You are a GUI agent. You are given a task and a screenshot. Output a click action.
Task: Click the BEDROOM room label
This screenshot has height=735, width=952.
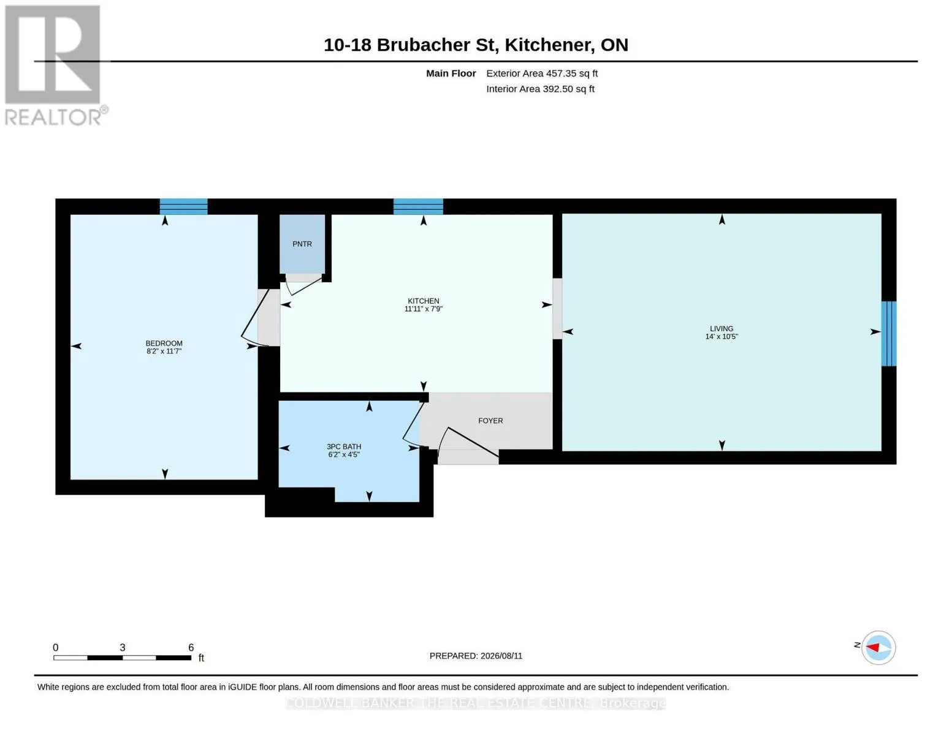point(164,343)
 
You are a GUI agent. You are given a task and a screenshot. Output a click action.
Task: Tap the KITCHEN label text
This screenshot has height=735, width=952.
point(423,301)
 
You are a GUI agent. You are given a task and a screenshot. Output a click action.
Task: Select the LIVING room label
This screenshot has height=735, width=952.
point(721,328)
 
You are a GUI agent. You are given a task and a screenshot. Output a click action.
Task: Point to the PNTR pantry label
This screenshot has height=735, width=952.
point(302,244)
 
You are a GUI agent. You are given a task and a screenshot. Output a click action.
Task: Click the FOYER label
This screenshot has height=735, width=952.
point(490,421)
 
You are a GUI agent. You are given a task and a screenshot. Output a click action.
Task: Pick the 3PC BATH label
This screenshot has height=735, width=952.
point(343,447)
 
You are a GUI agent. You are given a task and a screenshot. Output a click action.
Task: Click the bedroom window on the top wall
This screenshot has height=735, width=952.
point(183,206)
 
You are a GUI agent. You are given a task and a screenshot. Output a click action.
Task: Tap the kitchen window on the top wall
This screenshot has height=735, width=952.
point(418,206)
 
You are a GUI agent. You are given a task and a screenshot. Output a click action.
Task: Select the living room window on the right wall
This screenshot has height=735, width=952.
point(888,334)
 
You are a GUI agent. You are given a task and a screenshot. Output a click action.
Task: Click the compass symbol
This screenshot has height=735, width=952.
point(878,648)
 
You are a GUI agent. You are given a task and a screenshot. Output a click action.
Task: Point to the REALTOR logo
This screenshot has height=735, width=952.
point(55,66)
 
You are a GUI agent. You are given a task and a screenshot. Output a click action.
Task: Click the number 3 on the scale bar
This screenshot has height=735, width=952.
point(122,647)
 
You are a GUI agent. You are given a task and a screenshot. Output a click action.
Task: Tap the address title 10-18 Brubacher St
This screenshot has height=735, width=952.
point(411,45)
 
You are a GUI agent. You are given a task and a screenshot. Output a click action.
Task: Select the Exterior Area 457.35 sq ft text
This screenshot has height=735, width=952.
point(542,73)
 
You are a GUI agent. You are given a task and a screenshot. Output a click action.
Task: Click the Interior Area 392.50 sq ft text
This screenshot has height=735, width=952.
point(540,89)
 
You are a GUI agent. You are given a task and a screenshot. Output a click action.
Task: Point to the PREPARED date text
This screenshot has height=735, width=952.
point(476,656)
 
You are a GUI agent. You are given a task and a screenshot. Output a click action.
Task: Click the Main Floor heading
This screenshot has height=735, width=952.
point(451,73)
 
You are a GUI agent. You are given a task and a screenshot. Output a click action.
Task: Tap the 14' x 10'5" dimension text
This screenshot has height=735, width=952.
point(721,336)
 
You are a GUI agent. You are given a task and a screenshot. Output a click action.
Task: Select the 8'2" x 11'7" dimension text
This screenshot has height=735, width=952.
point(164,350)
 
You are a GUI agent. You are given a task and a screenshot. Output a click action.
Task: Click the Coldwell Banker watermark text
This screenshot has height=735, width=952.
point(476,704)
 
